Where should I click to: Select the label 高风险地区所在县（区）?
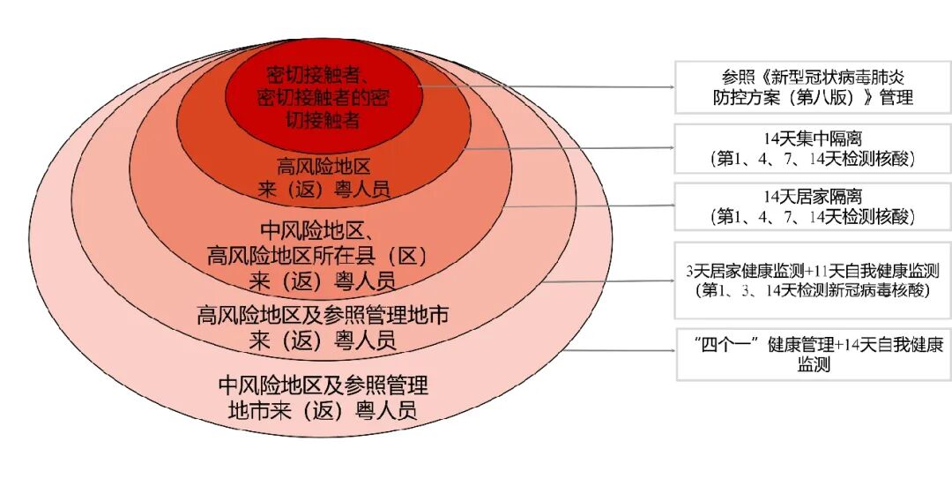click(317, 257)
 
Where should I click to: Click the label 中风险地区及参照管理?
click(323, 385)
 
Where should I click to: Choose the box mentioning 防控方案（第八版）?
click(812, 87)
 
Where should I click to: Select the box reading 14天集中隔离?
click(812, 148)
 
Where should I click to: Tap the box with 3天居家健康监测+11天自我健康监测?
click(812, 280)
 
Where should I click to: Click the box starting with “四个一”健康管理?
click(812, 354)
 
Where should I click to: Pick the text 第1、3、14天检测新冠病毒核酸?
click(812, 289)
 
